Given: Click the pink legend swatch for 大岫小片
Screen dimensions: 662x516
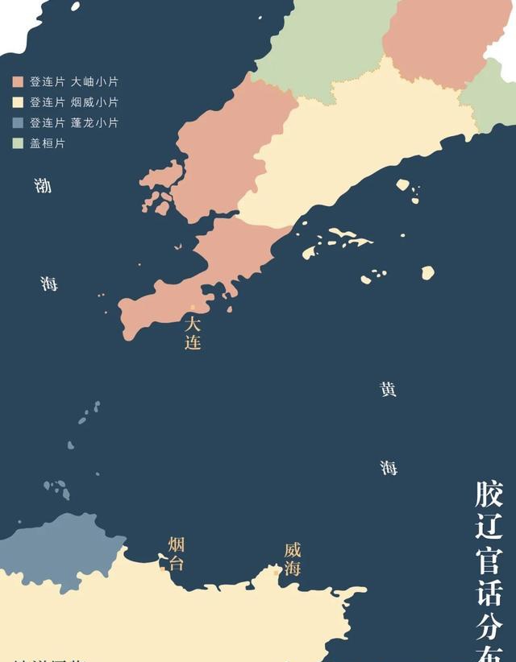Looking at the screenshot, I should click(x=18, y=82).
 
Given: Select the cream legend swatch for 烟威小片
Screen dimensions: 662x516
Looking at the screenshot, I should click(x=18, y=103).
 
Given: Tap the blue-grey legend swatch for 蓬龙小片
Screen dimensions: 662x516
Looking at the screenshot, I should click(x=18, y=123).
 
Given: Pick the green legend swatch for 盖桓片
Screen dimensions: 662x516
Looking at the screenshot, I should click(x=18, y=143).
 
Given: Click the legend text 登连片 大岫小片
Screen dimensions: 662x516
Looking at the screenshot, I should click(x=74, y=82).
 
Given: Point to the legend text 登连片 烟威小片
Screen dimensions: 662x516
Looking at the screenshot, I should click(x=74, y=103).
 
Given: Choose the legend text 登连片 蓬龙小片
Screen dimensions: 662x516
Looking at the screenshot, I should click(x=74, y=123).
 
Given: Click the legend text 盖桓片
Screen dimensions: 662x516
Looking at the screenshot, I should click(x=48, y=143).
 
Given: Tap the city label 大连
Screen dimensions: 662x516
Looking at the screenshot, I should click(x=192, y=333).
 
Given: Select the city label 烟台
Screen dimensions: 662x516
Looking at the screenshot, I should click(x=177, y=553).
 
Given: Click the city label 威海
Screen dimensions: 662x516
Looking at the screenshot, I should click(x=293, y=559).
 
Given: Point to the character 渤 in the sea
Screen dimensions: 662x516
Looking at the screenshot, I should click(x=43, y=186).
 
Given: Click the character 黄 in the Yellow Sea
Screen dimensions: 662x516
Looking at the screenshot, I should click(x=389, y=389).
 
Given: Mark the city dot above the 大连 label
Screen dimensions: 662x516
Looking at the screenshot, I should click(x=193, y=307).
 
